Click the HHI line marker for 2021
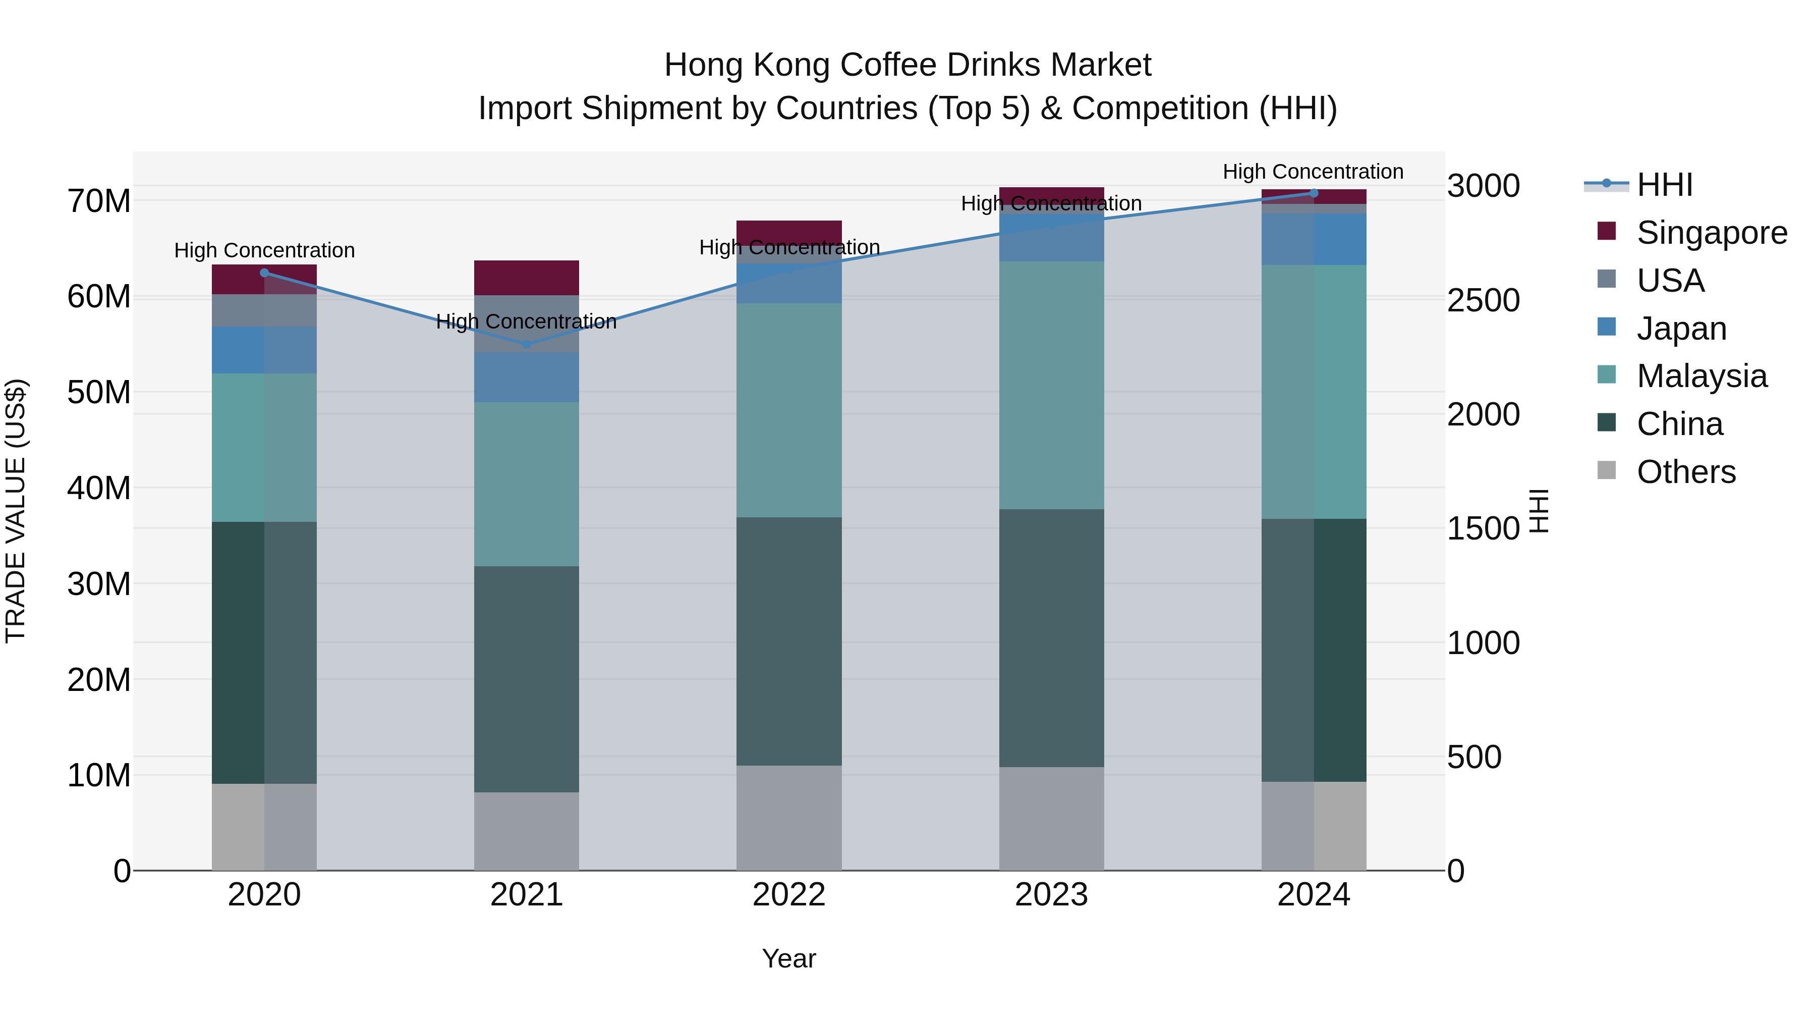526,344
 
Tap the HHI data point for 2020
264,273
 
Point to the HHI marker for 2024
1314,193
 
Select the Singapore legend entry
1711,233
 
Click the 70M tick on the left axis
99,202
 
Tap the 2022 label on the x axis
789,895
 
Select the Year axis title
789,958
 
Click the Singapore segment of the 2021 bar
526,278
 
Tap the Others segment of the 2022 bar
789,818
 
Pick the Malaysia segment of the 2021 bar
526,484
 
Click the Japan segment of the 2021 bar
526,378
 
